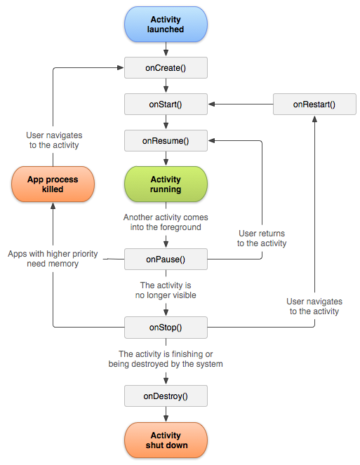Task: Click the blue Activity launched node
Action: click(x=166, y=25)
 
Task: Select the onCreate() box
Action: click(x=166, y=67)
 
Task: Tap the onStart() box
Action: click(x=166, y=104)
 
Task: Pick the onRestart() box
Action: click(x=314, y=104)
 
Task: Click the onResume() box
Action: click(x=166, y=140)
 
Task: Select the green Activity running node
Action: click(x=166, y=184)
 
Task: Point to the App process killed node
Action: click(x=53, y=184)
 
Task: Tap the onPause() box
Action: click(x=166, y=259)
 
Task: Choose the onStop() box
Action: click(x=166, y=327)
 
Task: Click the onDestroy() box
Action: click(x=166, y=396)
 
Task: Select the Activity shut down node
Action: click(x=166, y=440)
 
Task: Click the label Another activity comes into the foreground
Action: click(x=166, y=222)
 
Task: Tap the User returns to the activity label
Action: click(x=262, y=238)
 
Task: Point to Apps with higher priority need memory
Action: click(x=53, y=258)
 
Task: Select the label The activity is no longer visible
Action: click(x=166, y=290)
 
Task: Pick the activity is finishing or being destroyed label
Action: click(x=166, y=359)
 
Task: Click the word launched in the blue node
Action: click(x=166, y=30)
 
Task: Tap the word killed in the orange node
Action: click(x=53, y=189)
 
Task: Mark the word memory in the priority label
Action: click(x=64, y=264)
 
